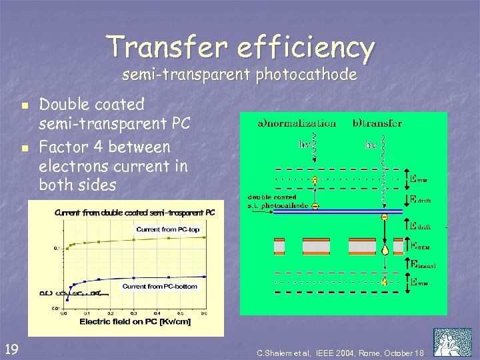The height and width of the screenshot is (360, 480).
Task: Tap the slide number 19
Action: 11,347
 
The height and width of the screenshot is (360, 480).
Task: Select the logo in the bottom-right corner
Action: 452,342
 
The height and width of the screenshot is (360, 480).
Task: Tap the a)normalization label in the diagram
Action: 297,123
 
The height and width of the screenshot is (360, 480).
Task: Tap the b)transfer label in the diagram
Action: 377,123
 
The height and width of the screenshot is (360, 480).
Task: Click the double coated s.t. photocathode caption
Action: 278,201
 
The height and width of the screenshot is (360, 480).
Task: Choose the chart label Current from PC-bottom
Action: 160,286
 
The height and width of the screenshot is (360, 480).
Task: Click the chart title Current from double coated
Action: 135,213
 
